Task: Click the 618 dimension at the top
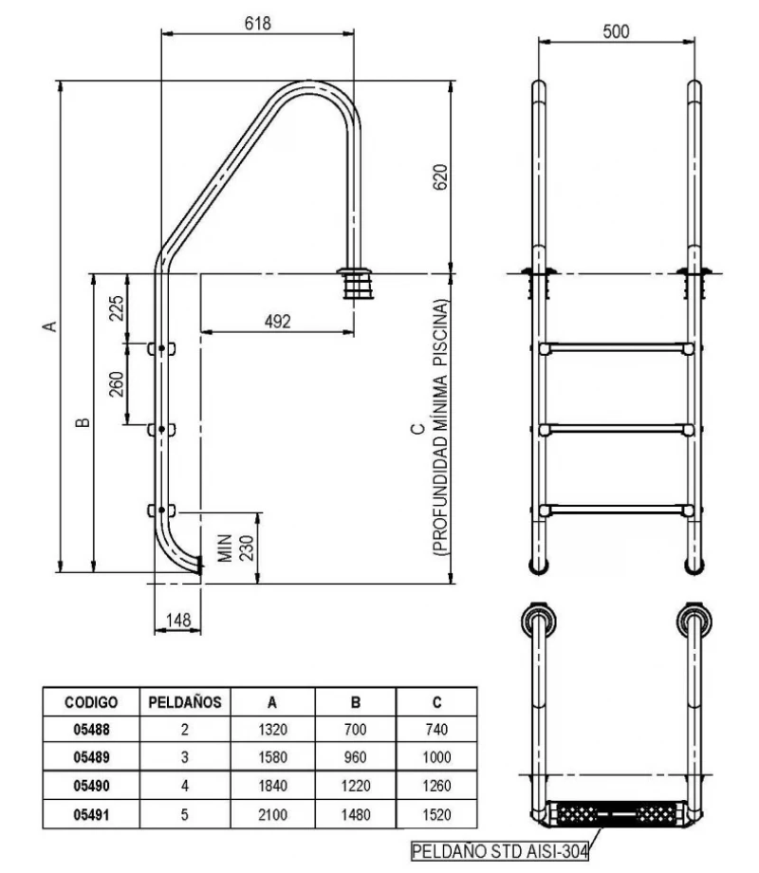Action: click(x=257, y=24)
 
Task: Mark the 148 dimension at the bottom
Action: click(x=176, y=620)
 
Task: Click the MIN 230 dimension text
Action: click(x=233, y=548)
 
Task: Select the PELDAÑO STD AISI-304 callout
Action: click(x=499, y=851)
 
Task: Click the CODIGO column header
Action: click(x=91, y=703)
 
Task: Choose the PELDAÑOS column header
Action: click(x=186, y=703)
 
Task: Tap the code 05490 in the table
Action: click(x=91, y=787)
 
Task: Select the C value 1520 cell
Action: click(x=435, y=814)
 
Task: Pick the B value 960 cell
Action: click(x=356, y=759)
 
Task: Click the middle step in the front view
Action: click(x=615, y=430)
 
